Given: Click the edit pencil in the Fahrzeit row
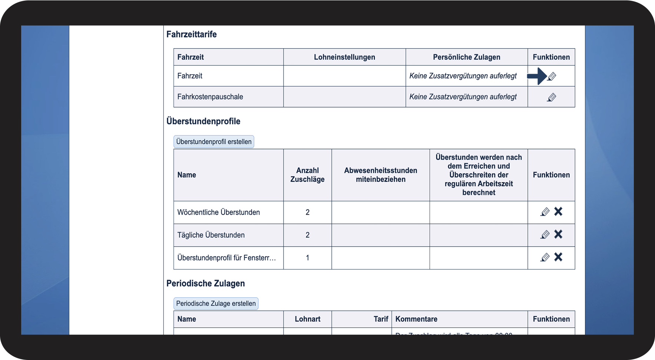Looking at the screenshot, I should pos(552,76).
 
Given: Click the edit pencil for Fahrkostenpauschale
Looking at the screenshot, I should pos(552,97).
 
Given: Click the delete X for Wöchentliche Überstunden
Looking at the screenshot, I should pos(558,212).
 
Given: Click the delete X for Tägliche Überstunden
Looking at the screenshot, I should pos(558,234).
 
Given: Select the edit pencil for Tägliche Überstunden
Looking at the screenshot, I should pos(545,235).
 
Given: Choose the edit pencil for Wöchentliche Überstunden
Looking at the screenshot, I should pos(545,212).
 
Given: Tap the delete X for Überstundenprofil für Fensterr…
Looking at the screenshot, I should pos(558,257).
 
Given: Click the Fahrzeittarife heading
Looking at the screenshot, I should pos(191,34).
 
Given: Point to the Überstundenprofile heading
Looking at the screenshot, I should pos(203,121).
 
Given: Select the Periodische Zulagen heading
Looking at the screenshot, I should pos(205,283).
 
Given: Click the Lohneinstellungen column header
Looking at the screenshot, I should pos(344,57).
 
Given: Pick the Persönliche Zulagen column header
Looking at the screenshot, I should pos(466,57).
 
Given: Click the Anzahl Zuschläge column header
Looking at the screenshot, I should pos(307,175).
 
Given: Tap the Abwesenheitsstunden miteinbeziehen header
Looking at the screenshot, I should pos(380,175).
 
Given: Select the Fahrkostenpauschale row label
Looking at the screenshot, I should pos(210,97).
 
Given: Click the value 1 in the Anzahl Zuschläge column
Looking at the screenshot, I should pos(307,258).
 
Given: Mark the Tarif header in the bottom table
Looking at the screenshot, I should pos(381,319).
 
